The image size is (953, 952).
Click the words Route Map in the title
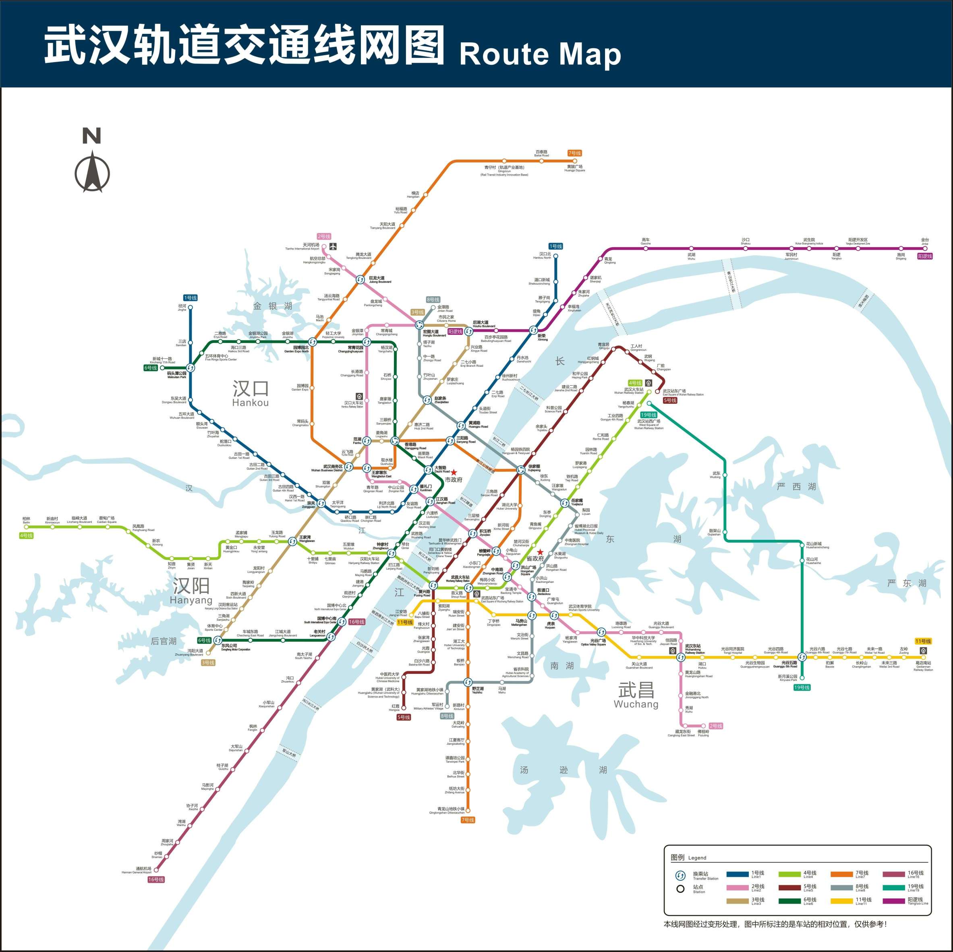(x=540, y=54)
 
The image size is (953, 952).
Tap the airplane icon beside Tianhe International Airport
(x=334, y=246)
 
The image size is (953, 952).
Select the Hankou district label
(x=251, y=393)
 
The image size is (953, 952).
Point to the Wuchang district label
(x=636, y=694)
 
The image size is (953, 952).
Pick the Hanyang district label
(x=191, y=591)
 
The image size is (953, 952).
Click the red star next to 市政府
(x=454, y=472)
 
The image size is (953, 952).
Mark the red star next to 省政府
(x=541, y=552)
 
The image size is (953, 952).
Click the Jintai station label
(x=924, y=242)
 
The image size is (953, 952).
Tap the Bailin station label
(x=26, y=520)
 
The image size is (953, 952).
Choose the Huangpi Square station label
(x=575, y=168)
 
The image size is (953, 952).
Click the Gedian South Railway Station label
(x=923, y=665)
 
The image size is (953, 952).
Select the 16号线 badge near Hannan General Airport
(x=156, y=879)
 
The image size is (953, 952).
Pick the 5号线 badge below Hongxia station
(x=404, y=717)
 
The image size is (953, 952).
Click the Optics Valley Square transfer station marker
(x=601, y=632)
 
